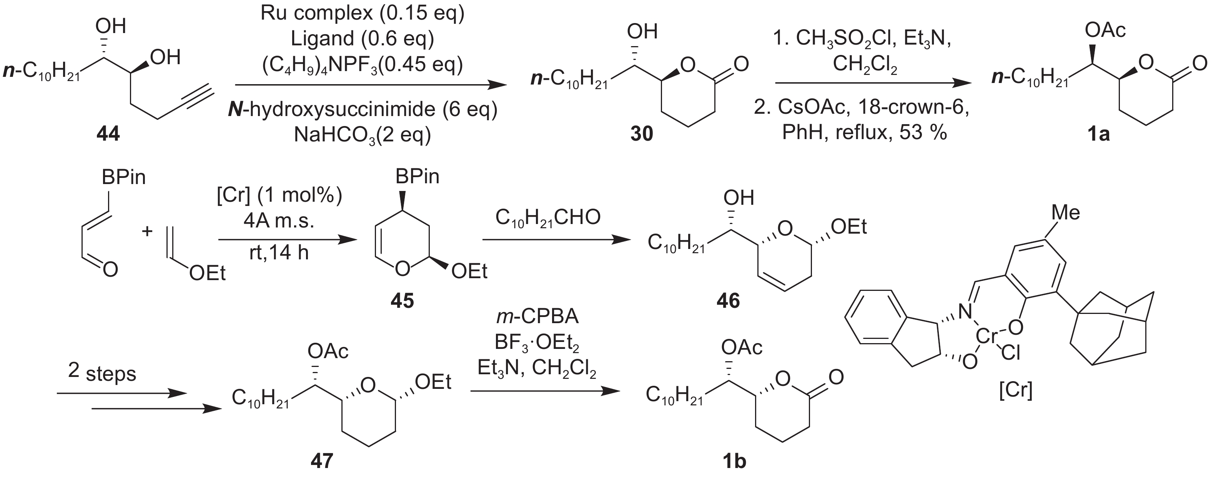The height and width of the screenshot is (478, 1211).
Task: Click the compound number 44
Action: (108, 134)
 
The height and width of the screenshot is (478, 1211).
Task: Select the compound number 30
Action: (642, 134)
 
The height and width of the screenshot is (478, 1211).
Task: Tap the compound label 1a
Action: (1098, 134)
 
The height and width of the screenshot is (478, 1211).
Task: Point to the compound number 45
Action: (402, 300)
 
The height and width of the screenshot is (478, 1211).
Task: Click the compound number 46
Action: (728, 300)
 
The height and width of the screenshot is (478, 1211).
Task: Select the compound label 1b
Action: (734, 461)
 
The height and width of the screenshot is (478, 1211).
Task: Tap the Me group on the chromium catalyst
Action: (1066, 213)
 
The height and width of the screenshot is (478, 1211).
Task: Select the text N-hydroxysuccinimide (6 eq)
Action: (363, 110)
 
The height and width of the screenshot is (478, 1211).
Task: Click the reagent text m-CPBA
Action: (537, 317)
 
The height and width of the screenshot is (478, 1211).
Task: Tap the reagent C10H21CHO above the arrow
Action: (548, 217)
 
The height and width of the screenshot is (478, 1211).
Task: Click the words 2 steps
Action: (102, 372)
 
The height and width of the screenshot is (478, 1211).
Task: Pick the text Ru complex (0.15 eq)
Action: (363, 13)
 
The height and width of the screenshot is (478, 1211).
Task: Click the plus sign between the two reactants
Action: (147, 231)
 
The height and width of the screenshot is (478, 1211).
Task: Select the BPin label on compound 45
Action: (417, 176)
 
